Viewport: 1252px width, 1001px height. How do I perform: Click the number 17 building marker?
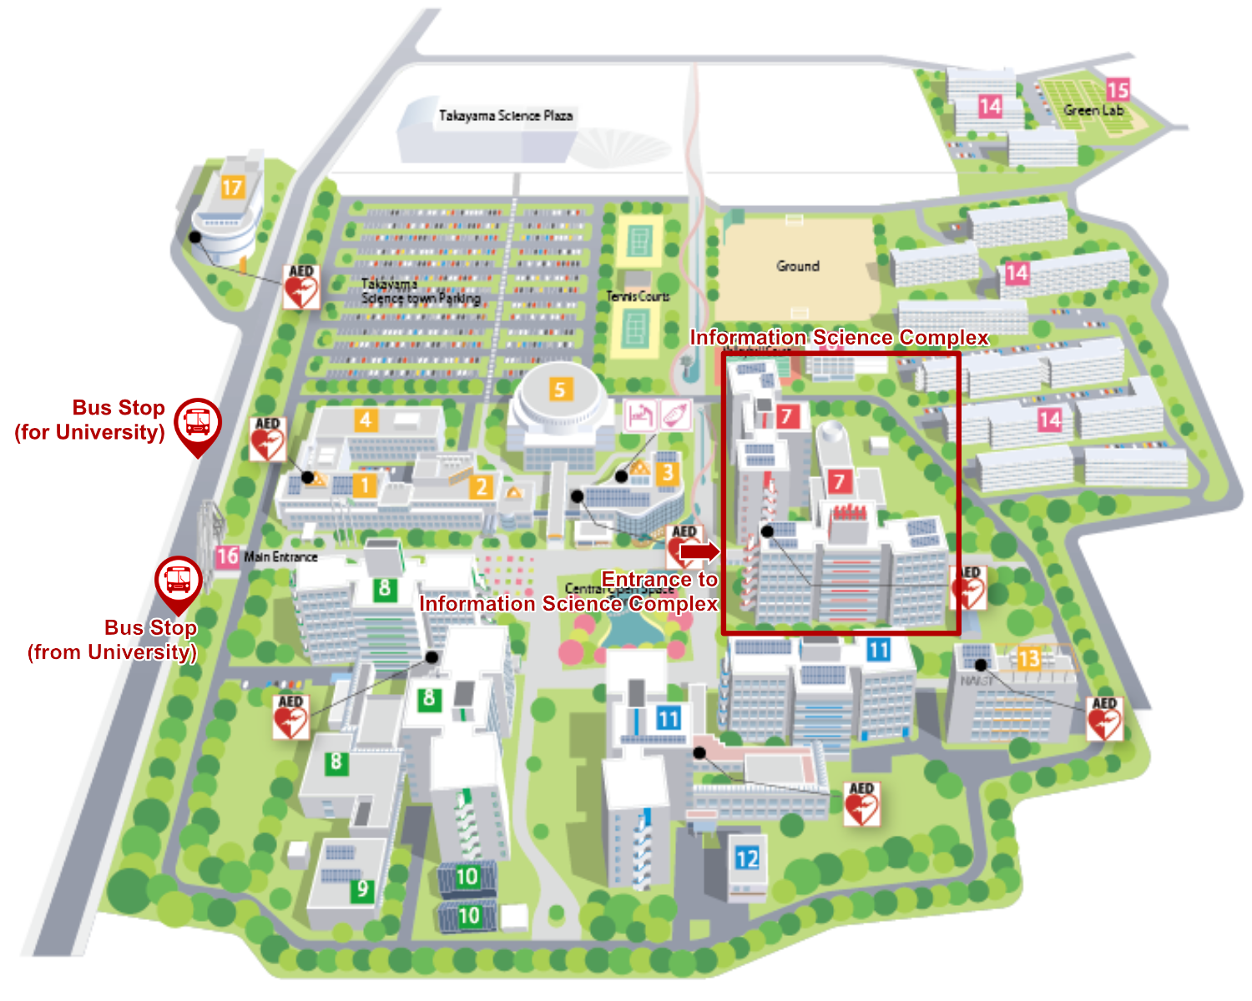coord(232,187)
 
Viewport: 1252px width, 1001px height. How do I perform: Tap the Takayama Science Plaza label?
coord(506,116)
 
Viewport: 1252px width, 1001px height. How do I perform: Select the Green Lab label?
coord(1093,110)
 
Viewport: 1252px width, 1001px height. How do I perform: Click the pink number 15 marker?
coord(1118,88)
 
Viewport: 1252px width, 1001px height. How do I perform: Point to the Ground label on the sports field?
coord(798,266)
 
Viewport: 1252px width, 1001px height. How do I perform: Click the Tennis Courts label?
coord(638,296)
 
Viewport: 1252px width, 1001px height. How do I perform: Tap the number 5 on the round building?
coord(560,389)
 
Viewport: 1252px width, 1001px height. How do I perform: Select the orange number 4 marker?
coord(366,420)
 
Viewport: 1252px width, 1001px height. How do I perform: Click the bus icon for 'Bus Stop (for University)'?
coord(198,420)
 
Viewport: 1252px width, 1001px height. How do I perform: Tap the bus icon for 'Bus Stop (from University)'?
coord(178,578)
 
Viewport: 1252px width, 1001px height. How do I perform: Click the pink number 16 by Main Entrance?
coord(227,556)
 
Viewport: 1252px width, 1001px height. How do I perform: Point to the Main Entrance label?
coord(281,556)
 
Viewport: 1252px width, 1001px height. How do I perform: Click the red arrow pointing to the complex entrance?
coord(699,551)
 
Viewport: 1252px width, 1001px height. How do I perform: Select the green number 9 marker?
coord(362,889)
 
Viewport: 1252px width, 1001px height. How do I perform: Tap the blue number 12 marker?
coord(747,858)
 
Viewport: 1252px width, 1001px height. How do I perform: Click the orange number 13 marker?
coord(1028,659)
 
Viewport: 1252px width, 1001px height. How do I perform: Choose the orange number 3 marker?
coord(666,474)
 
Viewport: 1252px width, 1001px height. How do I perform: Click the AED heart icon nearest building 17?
coord(300,287)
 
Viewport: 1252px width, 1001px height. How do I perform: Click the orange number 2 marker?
coord(481,486)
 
